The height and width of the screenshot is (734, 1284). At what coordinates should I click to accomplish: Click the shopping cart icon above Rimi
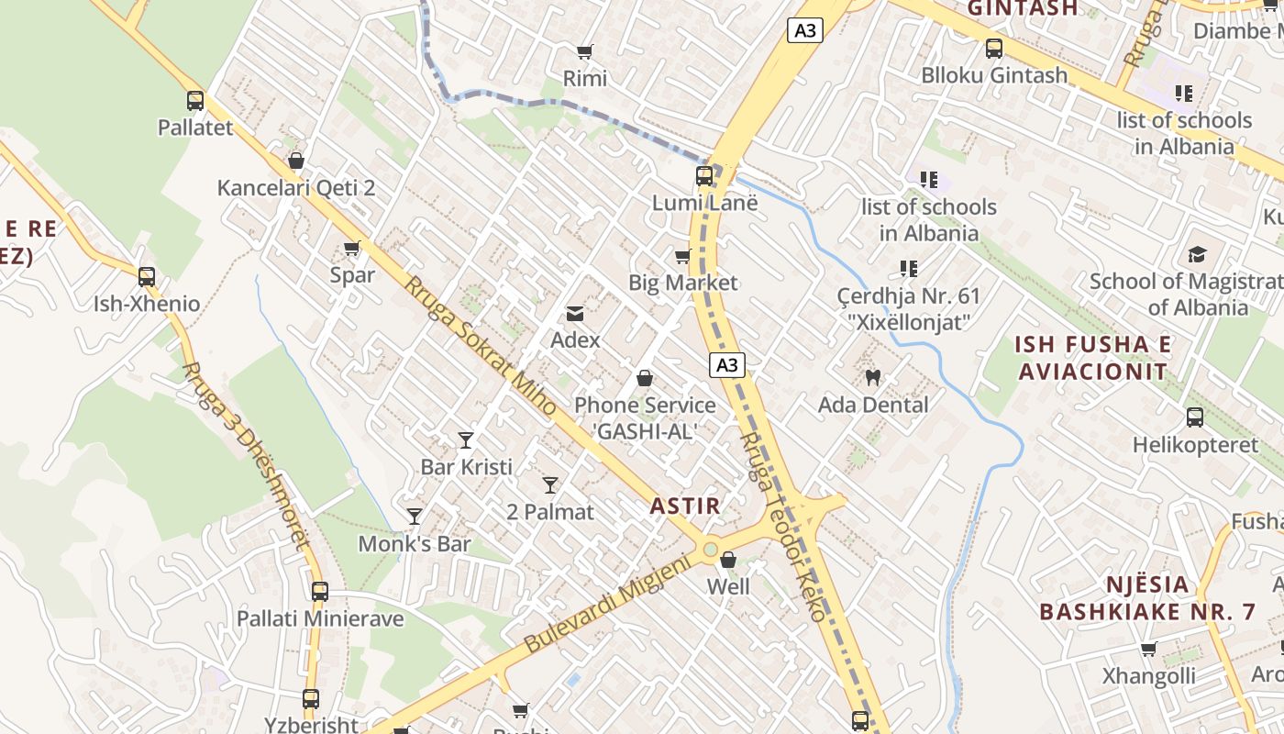[584, 51]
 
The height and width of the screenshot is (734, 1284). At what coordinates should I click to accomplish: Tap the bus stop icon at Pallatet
[195, 100]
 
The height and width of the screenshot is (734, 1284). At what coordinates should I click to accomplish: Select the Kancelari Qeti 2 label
[296, 188]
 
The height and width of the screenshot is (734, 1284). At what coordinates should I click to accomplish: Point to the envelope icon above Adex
[575, 314]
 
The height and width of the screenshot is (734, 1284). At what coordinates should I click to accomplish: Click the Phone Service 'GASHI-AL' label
[645, 417]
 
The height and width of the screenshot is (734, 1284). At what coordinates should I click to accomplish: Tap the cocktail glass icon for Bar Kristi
[466, 440]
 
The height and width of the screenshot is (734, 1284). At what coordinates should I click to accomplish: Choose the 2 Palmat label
[550, 512]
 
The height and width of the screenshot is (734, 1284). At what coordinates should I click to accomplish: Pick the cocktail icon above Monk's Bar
[415, 517]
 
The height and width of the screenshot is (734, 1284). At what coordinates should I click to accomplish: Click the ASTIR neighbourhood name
[685, 506]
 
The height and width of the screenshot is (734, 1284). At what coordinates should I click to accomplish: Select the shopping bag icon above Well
[728, 560]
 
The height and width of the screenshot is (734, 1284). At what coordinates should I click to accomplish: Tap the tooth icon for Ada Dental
[872, 377]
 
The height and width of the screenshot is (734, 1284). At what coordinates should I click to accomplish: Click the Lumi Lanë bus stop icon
[704, 175]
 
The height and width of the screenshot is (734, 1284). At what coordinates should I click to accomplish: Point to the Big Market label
[682, 283]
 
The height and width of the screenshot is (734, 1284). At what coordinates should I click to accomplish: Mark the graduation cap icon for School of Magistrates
[1197, 254]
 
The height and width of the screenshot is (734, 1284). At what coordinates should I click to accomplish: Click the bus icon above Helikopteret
[1195, 417]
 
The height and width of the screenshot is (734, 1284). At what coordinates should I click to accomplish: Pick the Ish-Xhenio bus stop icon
[147, 276]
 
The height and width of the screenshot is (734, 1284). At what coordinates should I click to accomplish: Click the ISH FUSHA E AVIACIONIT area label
[1092, 358]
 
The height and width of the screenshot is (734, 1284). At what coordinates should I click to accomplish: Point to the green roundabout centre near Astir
[710, 550]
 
